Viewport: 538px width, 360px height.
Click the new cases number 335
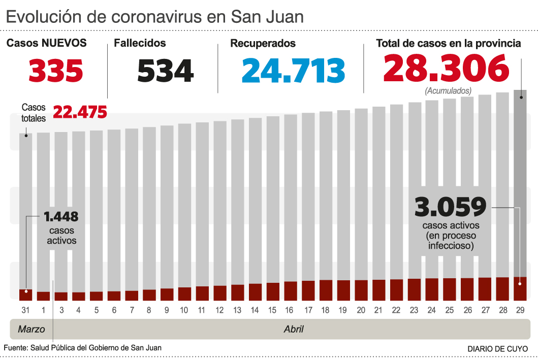[55, 71]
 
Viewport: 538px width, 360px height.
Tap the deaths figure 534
[165, 71]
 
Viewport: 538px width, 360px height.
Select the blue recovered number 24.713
[293, 71]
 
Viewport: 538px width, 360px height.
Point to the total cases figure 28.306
[446, 69]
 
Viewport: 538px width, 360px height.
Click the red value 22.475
[80, 112]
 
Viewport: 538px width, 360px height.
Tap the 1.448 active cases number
[61, 217]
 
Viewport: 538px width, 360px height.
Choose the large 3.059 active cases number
[451, 207]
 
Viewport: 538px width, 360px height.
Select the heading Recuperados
[263, 44]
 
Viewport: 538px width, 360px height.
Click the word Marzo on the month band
[31, 329]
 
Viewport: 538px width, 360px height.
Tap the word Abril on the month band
[294, 329]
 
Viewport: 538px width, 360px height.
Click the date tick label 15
[272, 310]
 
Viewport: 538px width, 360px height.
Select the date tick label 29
[520, 310]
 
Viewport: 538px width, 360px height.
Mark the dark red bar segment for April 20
[361, 290]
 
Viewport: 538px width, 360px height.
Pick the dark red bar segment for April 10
[184, 293]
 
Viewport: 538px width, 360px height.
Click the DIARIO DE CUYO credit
[497, 349]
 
